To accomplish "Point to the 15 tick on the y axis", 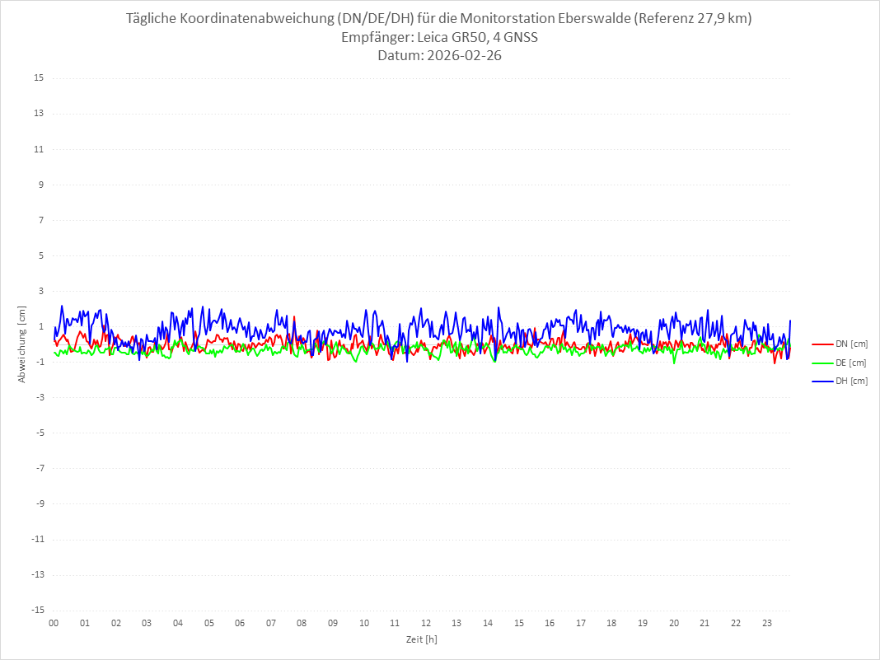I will coord(39,78).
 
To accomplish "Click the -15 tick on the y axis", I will coord(37,611).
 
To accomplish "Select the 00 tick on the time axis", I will coord(54,623).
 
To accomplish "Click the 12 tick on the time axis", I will coord(426,623).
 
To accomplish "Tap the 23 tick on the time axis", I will coord(767,623).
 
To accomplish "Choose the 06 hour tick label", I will coord(240,623).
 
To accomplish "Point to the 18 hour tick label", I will coord(612,623).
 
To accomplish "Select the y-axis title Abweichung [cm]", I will coord(22,344).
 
